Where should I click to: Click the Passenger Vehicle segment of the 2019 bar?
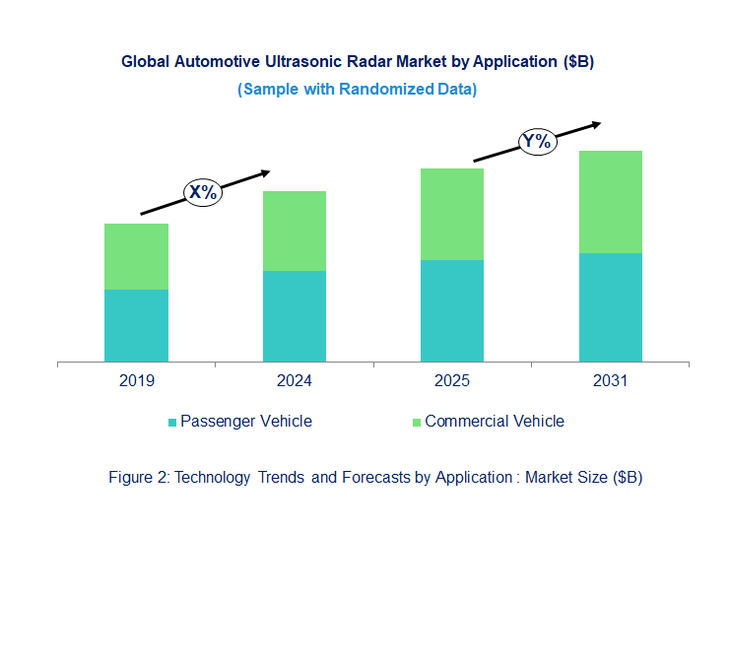136,325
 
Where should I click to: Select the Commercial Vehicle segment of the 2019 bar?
136,256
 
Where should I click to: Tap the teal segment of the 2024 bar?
294,316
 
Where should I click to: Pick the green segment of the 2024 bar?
294,231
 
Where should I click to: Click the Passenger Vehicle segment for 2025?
452,310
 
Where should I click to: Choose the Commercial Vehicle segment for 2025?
452,214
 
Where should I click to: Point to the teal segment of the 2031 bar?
610,307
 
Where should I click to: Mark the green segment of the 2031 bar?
610,202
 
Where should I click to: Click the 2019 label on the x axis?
136,381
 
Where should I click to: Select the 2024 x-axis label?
294,381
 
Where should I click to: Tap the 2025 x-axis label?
452,381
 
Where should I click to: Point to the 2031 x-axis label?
610,381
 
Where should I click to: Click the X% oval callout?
203,192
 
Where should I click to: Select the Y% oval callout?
537,141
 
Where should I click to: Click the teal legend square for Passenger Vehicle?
173,423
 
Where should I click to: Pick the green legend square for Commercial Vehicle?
416,423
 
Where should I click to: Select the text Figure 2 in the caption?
137,478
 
